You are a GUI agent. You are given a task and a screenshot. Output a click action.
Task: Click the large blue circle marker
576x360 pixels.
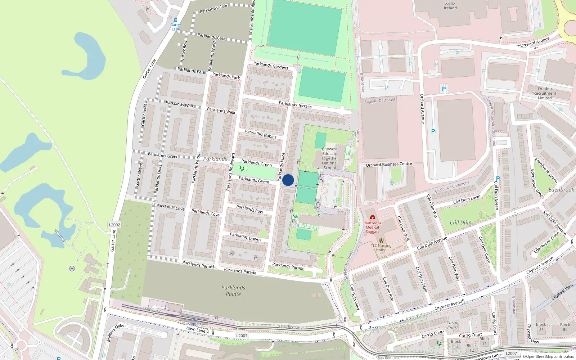pos(288,180)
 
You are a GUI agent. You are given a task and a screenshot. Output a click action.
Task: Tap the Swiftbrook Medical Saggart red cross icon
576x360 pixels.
pos(373,217)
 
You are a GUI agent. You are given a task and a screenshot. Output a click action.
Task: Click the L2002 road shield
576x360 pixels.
pos(114,225)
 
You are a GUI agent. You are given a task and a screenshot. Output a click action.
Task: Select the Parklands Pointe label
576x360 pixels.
pos(233,291)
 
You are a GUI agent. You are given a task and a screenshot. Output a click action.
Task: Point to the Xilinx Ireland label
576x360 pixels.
pos(450,6)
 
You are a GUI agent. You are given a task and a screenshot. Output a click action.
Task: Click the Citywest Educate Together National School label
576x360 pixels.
pos(330,158)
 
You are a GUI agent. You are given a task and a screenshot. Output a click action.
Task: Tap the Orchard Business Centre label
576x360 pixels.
pos(389,164)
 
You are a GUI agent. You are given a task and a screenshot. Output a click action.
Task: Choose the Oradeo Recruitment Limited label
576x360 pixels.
pos(545,93)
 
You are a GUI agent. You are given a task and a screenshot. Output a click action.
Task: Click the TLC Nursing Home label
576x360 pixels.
pos(381,248)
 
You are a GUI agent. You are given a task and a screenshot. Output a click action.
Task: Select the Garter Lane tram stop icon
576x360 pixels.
pos(176,20)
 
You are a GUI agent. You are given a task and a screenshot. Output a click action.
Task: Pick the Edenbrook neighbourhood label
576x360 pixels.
pos(561,190)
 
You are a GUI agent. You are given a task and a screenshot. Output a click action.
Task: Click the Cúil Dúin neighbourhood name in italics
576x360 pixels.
pos(460,223)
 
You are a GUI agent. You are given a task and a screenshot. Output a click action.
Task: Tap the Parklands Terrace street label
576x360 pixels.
pos(295,105)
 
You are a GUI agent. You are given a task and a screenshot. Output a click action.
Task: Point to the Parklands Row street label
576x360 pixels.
pos(249,209)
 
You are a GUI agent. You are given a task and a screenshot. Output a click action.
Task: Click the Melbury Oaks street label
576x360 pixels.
pos(115,333)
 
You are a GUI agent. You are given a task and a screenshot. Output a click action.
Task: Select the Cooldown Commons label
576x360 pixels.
pos(452,187)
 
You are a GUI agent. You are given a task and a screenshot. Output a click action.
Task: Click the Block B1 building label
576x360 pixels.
pos(541,327)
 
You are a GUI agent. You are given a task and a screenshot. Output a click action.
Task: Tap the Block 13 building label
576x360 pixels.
pos(456,344)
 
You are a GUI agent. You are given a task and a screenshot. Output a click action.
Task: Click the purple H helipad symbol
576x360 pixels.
pos(72,269)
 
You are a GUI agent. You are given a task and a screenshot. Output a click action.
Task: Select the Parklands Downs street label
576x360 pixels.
pos(246,237)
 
